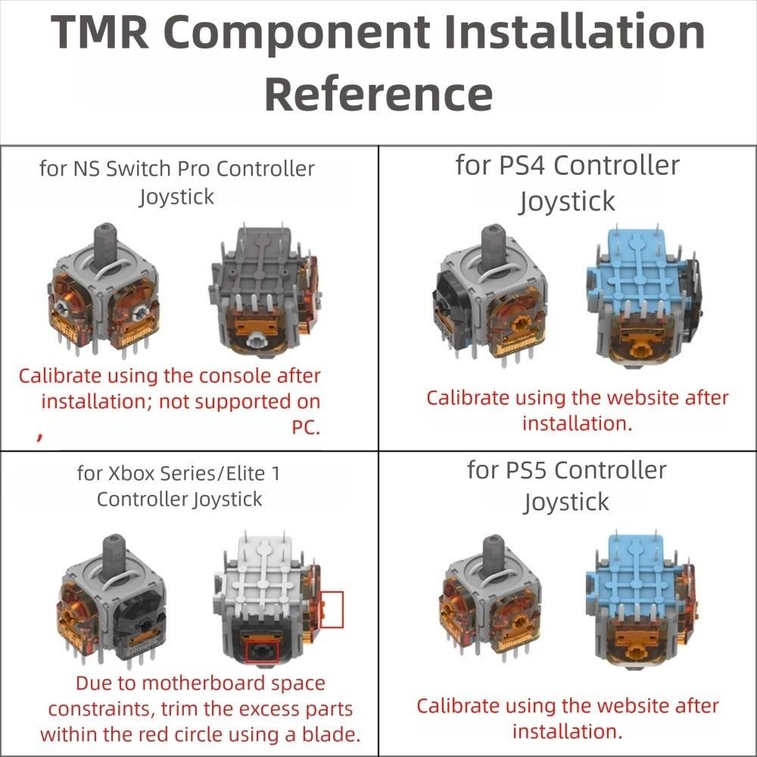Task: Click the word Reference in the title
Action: coord(378,95)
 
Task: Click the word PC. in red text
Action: coord(306,428)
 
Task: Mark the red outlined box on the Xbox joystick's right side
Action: coord(332,609)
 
